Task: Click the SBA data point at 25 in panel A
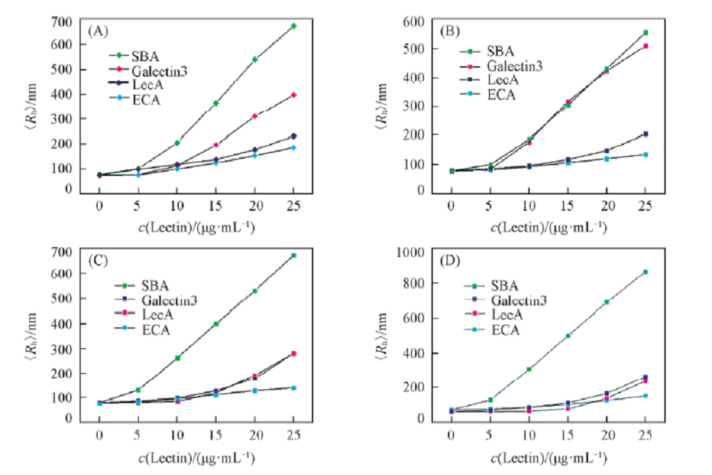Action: (x=293, y=26)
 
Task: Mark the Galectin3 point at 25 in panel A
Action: (x=293, y=95)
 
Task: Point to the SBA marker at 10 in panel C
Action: (x=177, y=357)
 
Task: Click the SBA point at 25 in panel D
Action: (x=645, y=272)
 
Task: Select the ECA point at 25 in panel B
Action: (x=645, y=155)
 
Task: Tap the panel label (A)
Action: (x=98, y=31)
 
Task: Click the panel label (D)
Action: (x=449, y=260)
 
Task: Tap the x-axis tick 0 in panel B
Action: (x=451, y=207)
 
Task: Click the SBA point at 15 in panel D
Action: (x=567, y=335)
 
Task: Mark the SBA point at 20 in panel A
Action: (x=255, y=59)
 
